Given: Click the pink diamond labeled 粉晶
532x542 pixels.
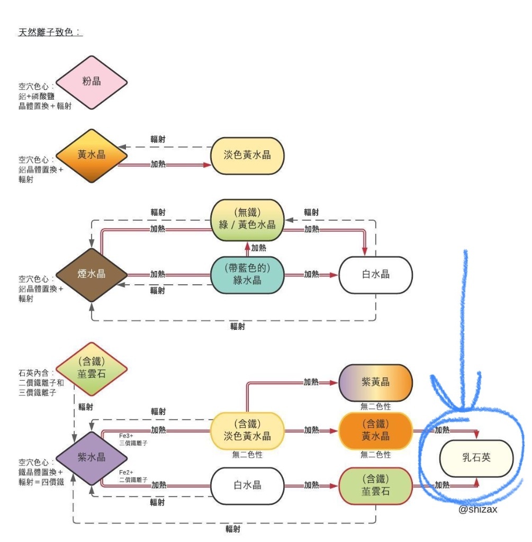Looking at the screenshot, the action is pos(92,83).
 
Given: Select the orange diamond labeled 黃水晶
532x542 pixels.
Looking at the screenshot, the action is pos(92,156).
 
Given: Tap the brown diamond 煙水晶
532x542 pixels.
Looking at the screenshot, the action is pos(92,275).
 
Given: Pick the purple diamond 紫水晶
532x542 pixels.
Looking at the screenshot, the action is pos(92,458).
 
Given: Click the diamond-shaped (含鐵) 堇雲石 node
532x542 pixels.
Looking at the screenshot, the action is pos(92,369).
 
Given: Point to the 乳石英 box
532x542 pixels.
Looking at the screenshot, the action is pos(476,458).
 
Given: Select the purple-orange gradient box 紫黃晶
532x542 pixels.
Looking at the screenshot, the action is pos(376,383).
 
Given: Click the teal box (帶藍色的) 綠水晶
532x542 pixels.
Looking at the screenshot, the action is pos(248,275).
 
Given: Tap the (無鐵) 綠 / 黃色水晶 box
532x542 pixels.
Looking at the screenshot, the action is pos(248,220).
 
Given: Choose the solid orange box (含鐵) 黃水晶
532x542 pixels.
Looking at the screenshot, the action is pos(376,431).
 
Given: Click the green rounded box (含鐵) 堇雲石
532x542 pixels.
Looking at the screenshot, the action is pos(376,486).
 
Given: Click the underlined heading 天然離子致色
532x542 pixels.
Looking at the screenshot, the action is pos(50,32).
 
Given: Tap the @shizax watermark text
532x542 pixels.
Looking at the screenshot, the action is pos(477,509).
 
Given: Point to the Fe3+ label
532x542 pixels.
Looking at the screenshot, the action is pos(126,436).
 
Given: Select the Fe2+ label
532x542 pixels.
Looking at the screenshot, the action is pos(126,472).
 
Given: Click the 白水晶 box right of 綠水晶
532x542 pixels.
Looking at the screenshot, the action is pos(376,275).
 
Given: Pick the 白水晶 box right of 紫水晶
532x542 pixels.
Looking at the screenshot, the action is pos(248,486).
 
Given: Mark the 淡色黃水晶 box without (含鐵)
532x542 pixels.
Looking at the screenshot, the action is pos(248,156).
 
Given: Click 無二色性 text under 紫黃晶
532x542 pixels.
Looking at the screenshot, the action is pos(376,406).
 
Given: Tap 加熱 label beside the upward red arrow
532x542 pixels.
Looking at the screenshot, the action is pos(258,248).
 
